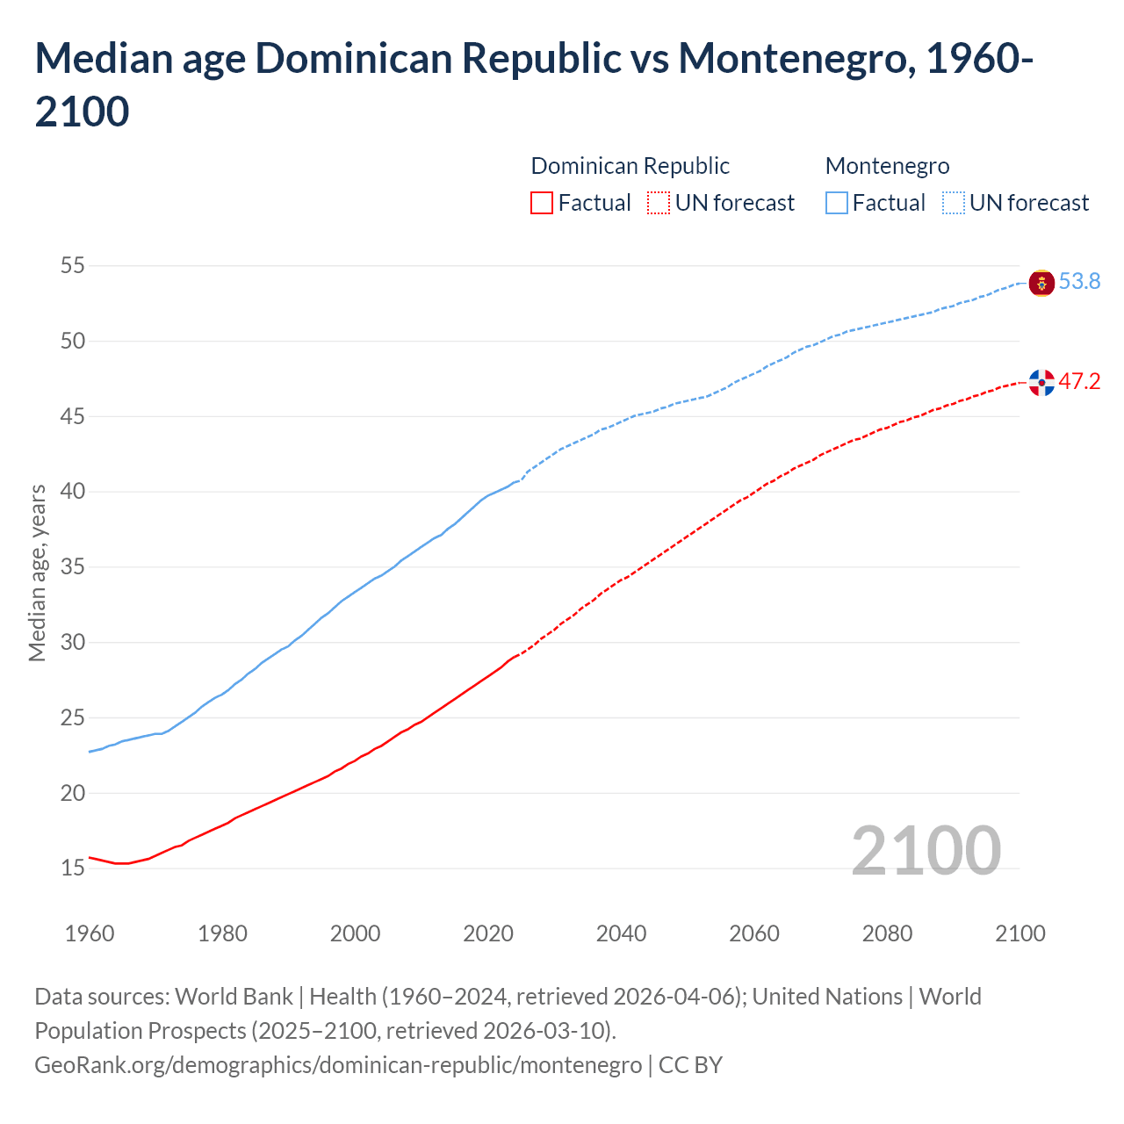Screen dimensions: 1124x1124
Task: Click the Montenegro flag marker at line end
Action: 1041,283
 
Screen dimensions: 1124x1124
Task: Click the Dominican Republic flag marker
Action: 1041,382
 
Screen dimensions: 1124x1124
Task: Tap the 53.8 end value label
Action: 1079,281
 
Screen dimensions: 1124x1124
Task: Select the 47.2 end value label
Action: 1079,381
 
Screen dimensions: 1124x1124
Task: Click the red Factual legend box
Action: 542,203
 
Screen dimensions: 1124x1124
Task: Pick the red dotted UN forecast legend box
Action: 659,203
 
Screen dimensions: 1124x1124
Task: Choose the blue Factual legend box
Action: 837,203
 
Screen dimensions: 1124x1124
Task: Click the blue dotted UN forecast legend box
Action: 954,203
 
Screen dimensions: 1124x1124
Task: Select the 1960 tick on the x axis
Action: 90,933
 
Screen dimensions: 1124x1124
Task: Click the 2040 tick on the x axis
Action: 621,933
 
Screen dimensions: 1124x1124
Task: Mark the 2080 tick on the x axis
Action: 887,933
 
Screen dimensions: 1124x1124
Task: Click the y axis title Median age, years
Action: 37,572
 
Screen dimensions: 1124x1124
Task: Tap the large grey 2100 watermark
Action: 926,850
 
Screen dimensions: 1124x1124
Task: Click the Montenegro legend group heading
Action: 887,166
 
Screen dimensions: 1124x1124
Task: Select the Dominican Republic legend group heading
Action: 630,166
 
